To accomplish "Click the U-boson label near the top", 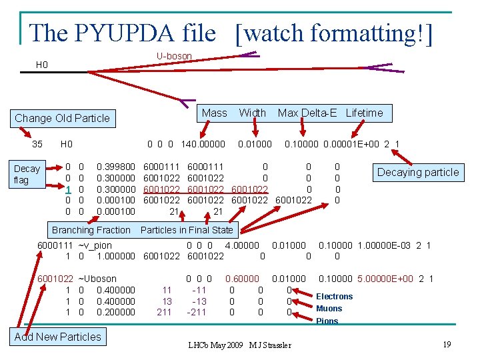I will pos(174,56).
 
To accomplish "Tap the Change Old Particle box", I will pos(62,118).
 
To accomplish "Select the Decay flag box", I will pos(27,174).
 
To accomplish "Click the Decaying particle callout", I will pos(418,172).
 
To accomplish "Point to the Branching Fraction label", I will pos(91,230).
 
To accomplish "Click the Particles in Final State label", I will pos(187,230).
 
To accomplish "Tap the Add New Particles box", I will pos(58,337).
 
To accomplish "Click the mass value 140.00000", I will pos(203,144).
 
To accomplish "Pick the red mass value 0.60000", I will pos(243,279).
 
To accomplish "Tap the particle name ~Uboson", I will pos(97,279).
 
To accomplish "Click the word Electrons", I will pos(334,296).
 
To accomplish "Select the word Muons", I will pos(329,308).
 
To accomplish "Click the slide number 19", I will pos(447,344).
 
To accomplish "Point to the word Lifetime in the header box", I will pos(364,113).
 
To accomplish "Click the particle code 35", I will pos(37,144).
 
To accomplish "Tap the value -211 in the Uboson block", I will pos(197,312).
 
